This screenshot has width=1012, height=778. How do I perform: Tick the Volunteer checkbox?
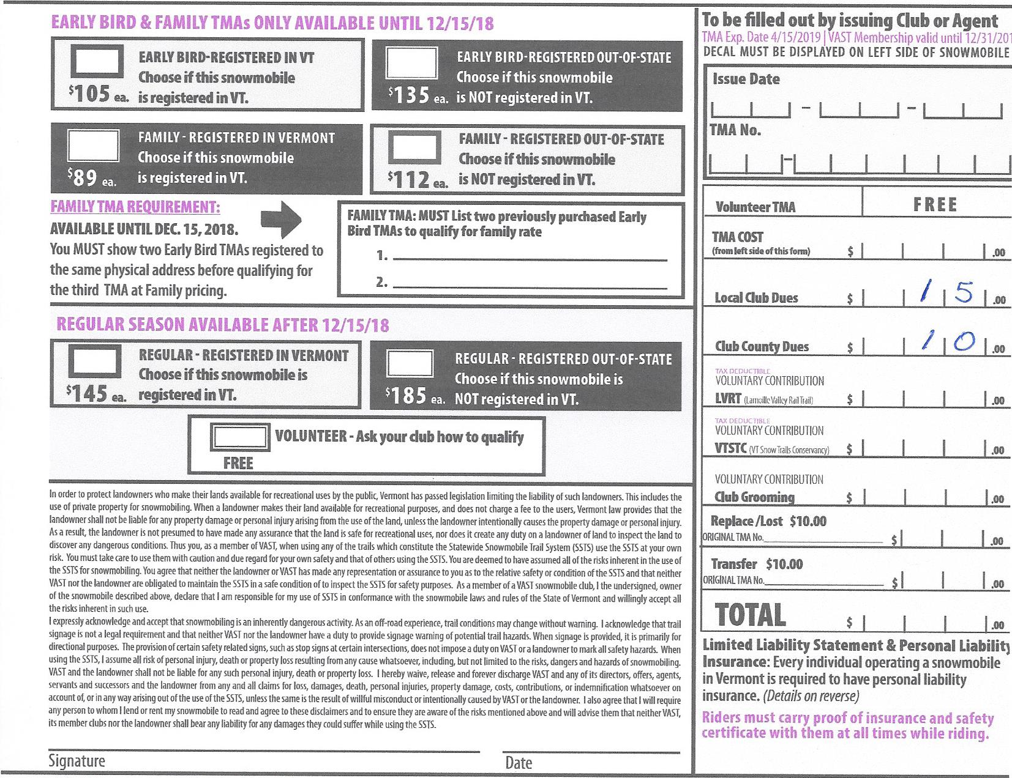click(239, 437)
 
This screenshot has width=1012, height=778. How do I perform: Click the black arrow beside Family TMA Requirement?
click(281, 219)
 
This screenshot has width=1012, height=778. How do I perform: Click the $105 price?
click(89, 94)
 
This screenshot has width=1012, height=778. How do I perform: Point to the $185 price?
click(406, 396)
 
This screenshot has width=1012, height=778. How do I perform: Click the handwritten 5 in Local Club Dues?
click(964, 294)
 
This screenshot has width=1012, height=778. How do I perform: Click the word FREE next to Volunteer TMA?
click(935, 205)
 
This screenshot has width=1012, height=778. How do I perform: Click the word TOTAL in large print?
click(750, 615)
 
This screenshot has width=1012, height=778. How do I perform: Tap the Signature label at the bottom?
click(77, 761)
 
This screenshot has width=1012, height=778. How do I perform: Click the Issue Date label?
click(746, 79)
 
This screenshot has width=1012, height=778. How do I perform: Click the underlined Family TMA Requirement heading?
click(135, 207)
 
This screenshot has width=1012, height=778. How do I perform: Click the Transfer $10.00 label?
click(757, 563)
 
